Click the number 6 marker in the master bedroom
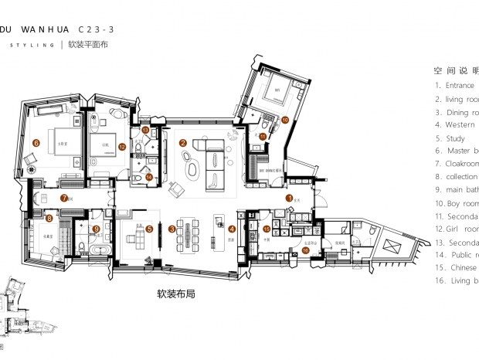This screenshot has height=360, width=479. click(36, 143)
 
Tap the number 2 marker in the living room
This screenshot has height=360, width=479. click(183, 143)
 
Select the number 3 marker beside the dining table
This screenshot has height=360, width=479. click(172, 228)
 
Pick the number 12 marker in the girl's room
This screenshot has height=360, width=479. click(122, 145)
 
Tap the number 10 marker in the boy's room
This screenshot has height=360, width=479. click(285, 120)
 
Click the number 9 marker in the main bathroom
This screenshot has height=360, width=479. click(96, 229)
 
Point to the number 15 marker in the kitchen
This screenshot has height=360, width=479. click(267, 229)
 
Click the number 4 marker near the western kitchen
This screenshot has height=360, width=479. click(232, 228)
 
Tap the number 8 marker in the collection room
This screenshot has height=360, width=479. click(49, 219)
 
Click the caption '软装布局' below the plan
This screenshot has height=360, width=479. click(175, 294)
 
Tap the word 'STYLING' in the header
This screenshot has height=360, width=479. click(31, 46)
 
